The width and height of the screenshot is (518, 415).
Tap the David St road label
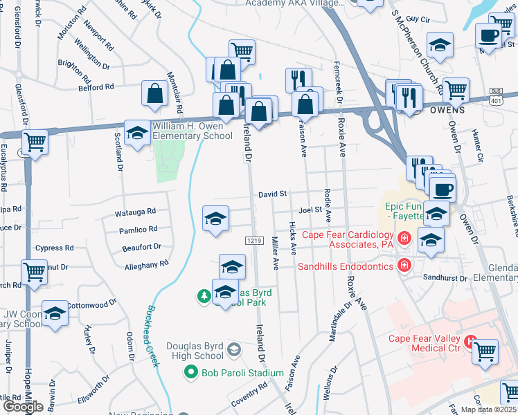click(x=273, y=196)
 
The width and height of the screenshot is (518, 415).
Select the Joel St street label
click(x=310, y=210)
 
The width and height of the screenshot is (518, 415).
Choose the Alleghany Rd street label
click(x=146, y=264)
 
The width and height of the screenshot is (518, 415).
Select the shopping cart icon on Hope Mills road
click(x=34, y=274)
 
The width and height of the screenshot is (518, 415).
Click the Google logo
click(x=22, y=407)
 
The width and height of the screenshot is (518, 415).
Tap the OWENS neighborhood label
click(x=447, y=110)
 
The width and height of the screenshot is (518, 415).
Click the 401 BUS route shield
click(x=495, y=95)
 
